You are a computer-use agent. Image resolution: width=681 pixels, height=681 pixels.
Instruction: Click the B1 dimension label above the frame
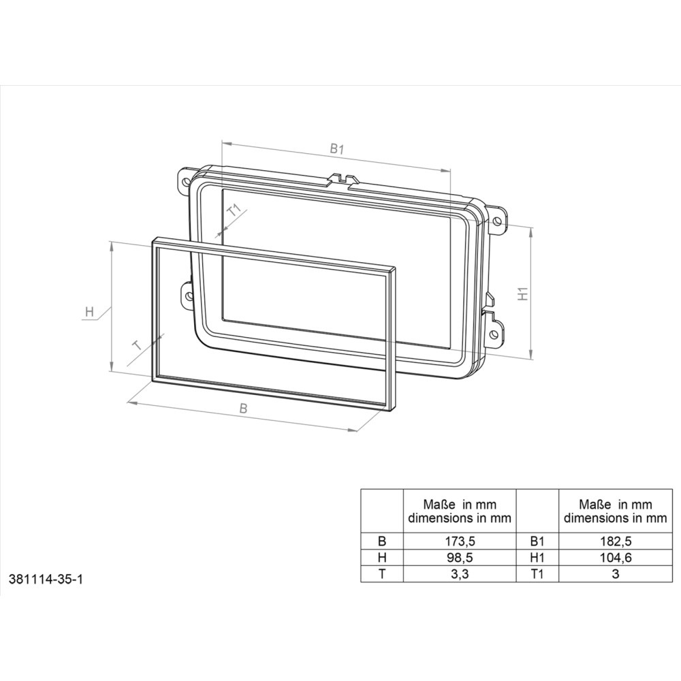click(x=336, y=148)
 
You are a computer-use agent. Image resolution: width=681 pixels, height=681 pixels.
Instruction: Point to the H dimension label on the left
click(x=89, y=313)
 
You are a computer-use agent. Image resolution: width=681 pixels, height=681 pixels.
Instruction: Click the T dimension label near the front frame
click(x=138, y=345)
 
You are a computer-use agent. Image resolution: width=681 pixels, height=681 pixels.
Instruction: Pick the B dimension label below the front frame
click(x=243, y=408)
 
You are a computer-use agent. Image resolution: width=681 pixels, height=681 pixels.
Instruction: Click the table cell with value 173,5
click(x=459, y=542)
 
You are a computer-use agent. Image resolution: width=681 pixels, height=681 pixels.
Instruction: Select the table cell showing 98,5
click(x=459, y=558)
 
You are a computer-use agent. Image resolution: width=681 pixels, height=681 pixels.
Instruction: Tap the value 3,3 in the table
click(x=459, y=574)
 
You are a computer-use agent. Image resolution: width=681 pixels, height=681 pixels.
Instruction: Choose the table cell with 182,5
click(x=615, y=542)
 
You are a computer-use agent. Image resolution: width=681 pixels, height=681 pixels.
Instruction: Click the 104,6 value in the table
click(x=615, y=558)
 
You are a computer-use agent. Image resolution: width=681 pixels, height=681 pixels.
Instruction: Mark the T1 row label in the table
click(x=537, y=574)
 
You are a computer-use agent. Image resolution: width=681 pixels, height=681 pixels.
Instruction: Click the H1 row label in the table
click(x=537, y=558)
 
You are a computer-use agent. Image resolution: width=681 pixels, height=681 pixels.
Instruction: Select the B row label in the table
click(x=381, y=542)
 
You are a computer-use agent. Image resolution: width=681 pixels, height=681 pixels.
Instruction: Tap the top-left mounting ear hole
click(x=184, y=183)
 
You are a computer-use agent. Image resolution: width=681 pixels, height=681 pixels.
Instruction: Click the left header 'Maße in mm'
click(x=459, y=505)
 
